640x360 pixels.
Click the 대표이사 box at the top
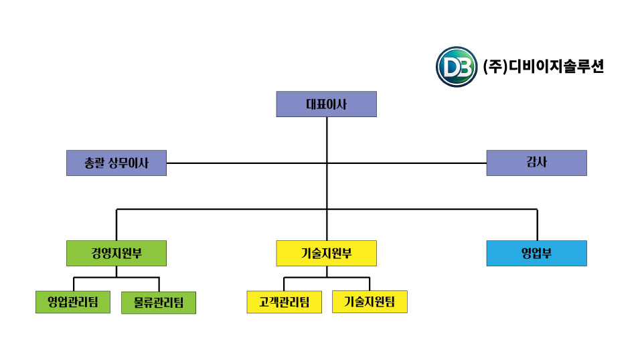click(326, 104)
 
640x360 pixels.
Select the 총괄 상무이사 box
click(116, 163)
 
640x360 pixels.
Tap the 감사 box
click(536, 163)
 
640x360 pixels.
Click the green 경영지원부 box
click(116, 254)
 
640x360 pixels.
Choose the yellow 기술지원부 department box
click(326, 254)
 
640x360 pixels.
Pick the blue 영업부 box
click(536, 254)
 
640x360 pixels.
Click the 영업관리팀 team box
click(73, 302)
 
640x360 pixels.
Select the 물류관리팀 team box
click(159, 302)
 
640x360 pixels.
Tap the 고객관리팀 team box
click(284, 302)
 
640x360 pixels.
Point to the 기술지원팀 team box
click(370, 302)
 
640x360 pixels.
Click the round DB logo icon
click(457, 67)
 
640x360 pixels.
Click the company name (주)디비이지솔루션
click(543, 67)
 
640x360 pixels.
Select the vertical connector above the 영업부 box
click(537, 225)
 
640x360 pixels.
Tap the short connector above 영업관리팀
click(74, 284)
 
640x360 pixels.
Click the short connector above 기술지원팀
click(370, 284)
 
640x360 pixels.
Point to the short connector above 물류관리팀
click(159, 284)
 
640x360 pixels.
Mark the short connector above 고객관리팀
click(284, 284)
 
